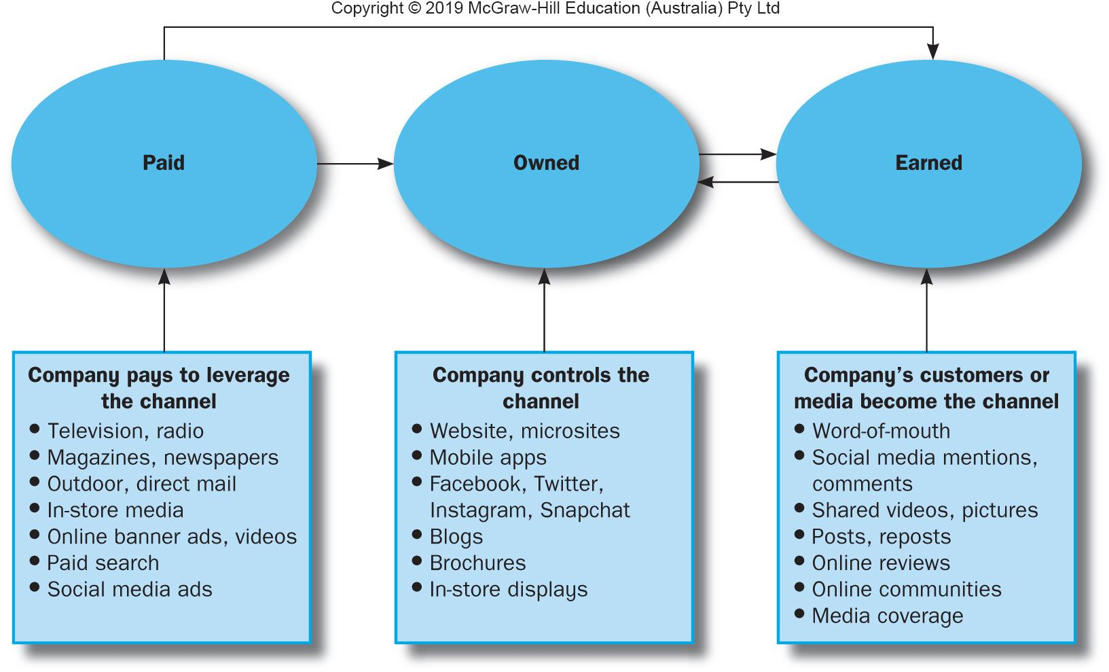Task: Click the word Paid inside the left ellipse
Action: tap(164, 163)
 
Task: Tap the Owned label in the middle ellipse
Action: tap(546, 163)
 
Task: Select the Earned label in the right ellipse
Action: tap(928, 163)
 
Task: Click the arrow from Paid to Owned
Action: tap(354, 164)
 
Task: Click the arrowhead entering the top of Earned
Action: tap(933, 52)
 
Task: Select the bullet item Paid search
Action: tap(103, 563)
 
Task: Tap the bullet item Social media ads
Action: tap(129, 590)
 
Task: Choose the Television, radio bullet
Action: tap(125, 431)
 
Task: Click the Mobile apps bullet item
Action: tap(488, 458)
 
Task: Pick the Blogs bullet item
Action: tap(456, 537)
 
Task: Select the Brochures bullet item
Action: tap(477, 563)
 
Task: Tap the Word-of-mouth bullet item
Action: tap(881, 431)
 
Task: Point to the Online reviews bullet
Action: tap(881, 563)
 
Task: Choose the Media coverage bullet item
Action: tap(887, 616)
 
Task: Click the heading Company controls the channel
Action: tap(541, 388)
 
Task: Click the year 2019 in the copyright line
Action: tap(444, 9)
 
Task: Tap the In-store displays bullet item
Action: tap(508, 590)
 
